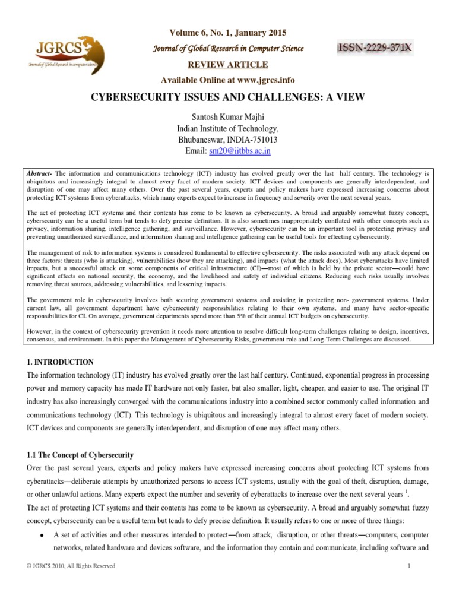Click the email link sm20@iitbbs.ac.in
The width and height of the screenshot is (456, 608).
tap(240, 151)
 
